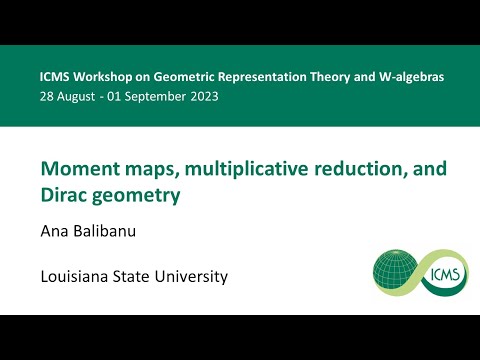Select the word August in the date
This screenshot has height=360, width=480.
(81, 96)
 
